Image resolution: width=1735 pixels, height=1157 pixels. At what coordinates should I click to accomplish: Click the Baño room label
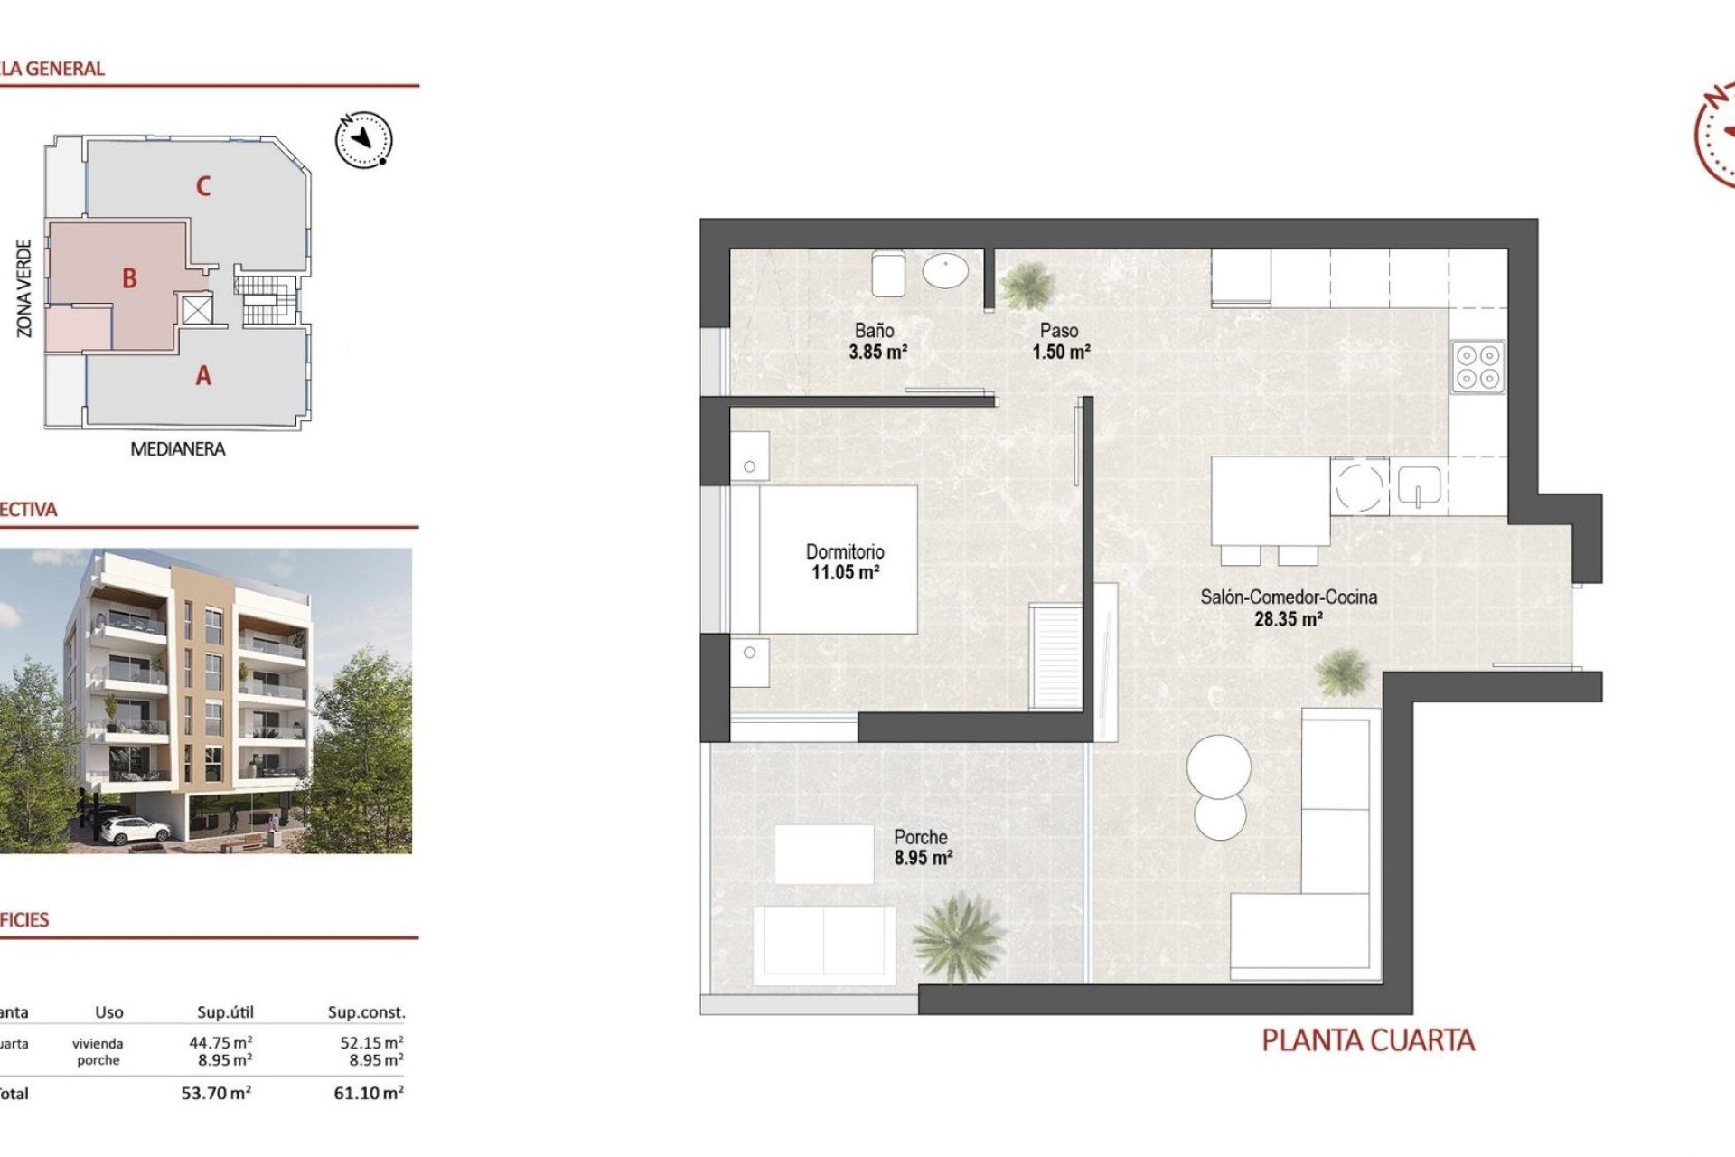(x=874, y=331)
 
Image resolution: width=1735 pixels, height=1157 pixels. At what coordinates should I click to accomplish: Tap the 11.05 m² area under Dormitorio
(x=845, y=572)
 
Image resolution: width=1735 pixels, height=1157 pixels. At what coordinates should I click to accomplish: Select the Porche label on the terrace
(x=920, y=837)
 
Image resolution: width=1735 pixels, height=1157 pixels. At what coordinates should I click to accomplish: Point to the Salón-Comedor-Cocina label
(x=1288, y=597)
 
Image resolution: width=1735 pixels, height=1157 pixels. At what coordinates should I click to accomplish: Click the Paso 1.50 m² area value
(x=1061, y=352)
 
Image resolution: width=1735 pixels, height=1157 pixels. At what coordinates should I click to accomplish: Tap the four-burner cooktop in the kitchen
(x=1477, y=367)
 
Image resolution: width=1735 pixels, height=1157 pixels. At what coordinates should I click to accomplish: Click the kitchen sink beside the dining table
(x=1419, y=485)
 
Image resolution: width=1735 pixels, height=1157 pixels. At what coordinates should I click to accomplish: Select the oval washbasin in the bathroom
(x=945, y=270)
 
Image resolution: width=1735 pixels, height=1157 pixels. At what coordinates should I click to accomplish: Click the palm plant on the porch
(x=957, y=937)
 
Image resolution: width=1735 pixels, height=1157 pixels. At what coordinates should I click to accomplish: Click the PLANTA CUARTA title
(x=1367, y=1040)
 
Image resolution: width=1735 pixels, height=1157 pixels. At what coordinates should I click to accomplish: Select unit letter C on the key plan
(x=203, y=186)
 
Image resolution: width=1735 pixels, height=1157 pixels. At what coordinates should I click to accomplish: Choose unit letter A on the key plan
(x=203, y=375)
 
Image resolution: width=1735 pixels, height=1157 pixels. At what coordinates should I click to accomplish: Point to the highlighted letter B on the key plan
(x=129, y=278)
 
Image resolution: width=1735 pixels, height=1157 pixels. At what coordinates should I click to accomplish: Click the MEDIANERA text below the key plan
(x=177, y=448)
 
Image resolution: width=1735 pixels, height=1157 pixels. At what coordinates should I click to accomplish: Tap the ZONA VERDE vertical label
(x=24, y=288)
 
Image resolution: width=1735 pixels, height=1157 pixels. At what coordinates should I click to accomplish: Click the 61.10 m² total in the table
(x=368, y=1093)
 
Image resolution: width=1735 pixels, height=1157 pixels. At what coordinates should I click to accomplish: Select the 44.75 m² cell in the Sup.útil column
(x=220, y=1042)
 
